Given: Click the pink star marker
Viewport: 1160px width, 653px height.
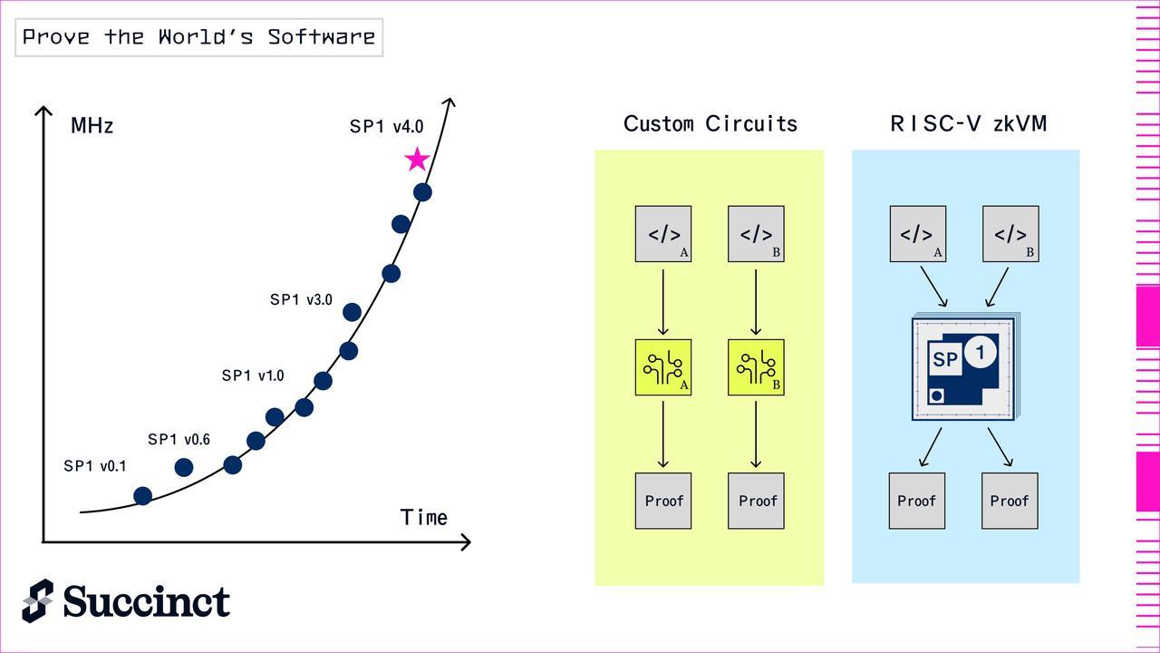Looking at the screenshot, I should pyautogui.click(x=416, y=161).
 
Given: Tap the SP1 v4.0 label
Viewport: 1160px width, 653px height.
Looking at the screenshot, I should pyautogui.click(x=386, y=127).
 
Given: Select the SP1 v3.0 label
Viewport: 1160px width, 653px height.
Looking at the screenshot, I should pyautogui.click(x=301, y=299).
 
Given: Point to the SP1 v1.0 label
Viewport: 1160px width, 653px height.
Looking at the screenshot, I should pyautogui.click(x=253, y=375).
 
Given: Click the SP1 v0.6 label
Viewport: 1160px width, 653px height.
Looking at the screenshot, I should pyautogui.click(x=179, y=440).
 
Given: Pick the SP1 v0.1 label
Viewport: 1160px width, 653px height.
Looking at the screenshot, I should pyautogui.click(x=94, y=466).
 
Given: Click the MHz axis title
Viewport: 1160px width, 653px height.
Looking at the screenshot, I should pyautogui.click(x=92, y=126).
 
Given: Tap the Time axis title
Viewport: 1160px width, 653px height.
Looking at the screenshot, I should pyautogui.click(x=424, y=518).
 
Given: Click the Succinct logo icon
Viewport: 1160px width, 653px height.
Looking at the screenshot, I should pyautogui.click(x=38, y=600).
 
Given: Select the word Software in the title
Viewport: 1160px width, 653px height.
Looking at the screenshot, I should pyautogui.click(x=321, y=37).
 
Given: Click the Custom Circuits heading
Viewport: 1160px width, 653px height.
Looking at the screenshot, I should pyautogui.click(x=710, y=124).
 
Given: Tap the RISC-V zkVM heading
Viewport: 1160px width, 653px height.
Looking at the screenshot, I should pyautogui.click(x=969, y=124).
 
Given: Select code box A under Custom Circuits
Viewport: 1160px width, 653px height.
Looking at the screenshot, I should pyautogui.click(x=663, y=234).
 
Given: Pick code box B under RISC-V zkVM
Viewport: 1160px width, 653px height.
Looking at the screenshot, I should pyautogui.click(x=1010, y=234).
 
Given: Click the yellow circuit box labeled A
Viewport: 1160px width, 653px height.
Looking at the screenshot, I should pyautogui.click(x=663, y=367).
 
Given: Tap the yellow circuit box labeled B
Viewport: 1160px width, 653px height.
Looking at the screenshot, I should pyautogui.click(x=756, y=367).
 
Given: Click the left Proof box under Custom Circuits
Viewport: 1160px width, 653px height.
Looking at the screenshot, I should pyautogui.click(x=663, y=501).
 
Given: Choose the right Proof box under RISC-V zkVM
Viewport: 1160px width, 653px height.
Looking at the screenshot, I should pyautogui.click(x=1010, y=501).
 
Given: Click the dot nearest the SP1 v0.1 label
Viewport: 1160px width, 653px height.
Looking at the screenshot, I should pyautogui.click(x=142, y=495).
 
